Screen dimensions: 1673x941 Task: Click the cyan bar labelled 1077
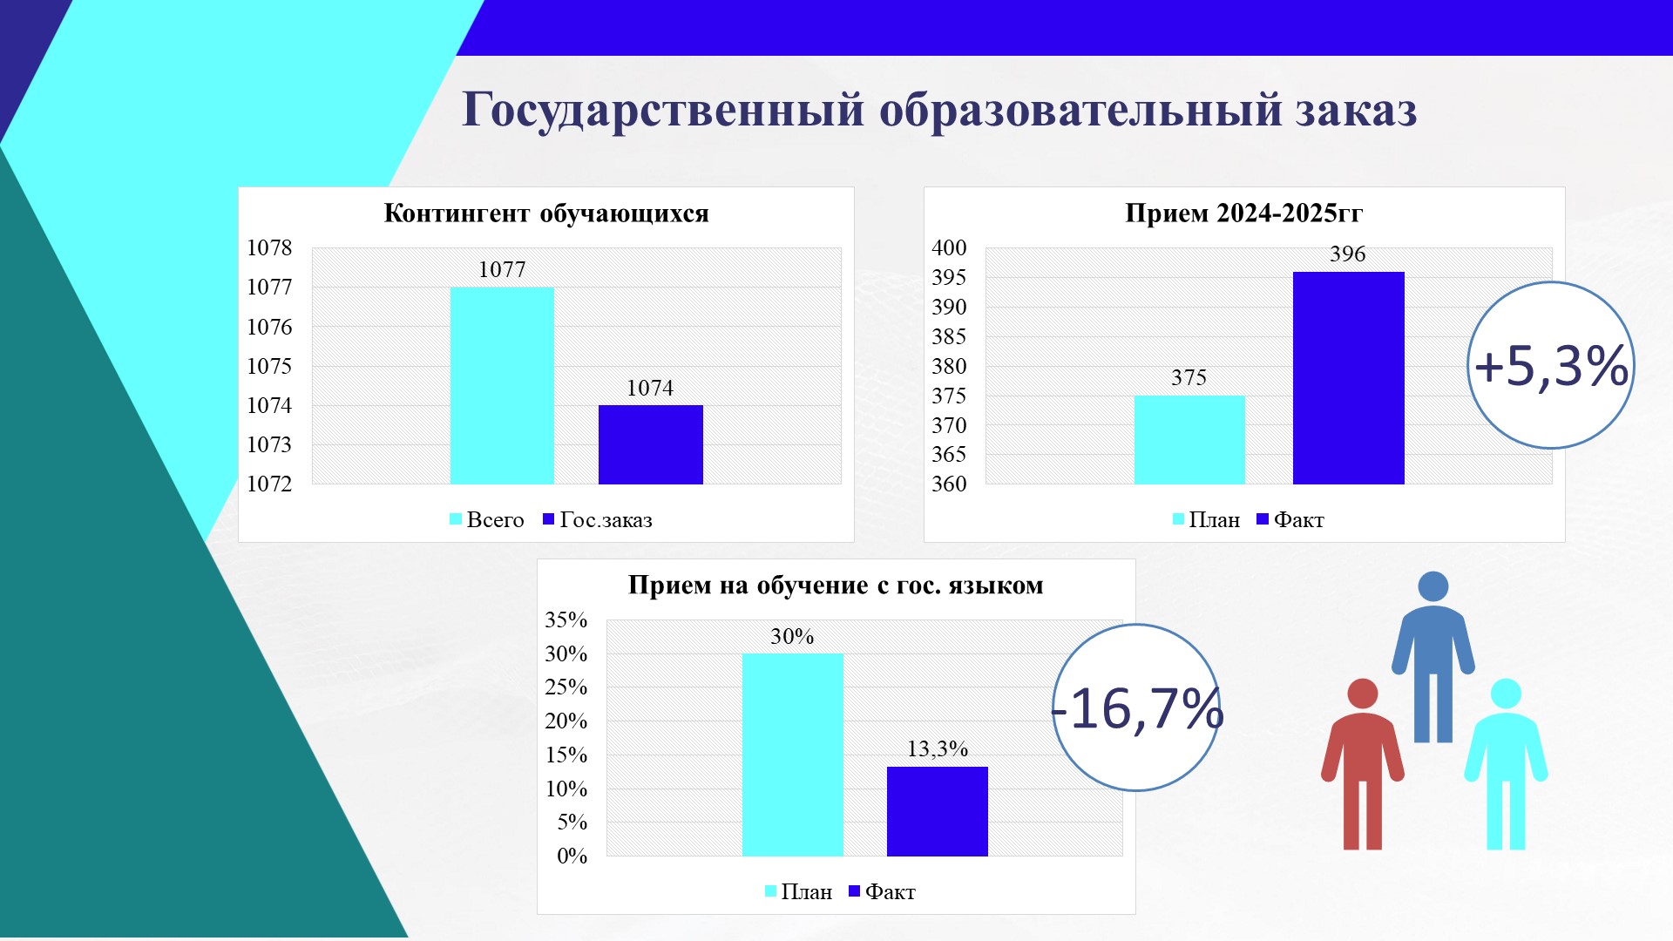point(502,385)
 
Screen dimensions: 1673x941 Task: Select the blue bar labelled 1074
point(651,444)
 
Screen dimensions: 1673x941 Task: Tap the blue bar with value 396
point(1349,378)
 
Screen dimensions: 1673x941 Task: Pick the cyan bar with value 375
point(1189,440)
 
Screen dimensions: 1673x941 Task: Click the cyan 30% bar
point(793,755)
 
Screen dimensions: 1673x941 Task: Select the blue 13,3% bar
point(938,811)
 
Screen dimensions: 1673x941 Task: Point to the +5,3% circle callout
point(1551,365)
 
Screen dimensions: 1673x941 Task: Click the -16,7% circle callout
point(1137,707)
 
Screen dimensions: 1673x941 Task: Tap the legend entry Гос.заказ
point(598,520)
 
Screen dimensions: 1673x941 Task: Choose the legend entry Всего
point(487,520)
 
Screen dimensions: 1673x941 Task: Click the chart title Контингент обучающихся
point(546,213)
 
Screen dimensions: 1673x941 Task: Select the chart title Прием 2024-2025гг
point(1244,213)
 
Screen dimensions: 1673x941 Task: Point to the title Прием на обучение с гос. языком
point(836,586)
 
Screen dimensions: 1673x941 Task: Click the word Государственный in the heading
point(663,111)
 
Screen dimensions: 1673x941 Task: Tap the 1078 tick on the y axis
point(269,248)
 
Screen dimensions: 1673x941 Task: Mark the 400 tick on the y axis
point(949,248)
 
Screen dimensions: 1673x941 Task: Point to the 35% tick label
point(566,620)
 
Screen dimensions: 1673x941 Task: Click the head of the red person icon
point(1363,694)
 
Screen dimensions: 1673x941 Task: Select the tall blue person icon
point(1433,657)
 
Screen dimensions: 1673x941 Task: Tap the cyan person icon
point(1506,764)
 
